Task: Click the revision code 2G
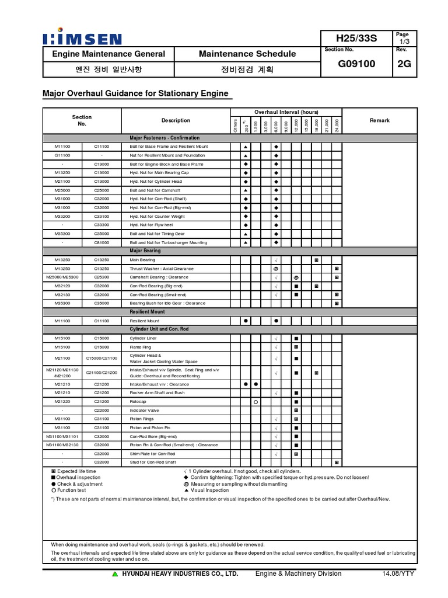(x=404, y=64)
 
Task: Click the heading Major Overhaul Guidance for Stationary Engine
(x=136, y=93)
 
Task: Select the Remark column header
(x=379, y=120)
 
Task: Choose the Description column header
(x=176, y=120)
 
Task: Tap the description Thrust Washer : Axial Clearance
(x=162, y=269)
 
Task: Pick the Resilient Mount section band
(x=144, y=312)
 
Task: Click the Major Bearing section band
(x=145, y=251)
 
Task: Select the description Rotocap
(x=138, y=402)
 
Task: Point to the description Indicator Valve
(x=145, y=411)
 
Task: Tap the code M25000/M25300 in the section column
(x=62, y=277)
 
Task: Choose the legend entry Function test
(x=72, y=490)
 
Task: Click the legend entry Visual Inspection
(x=209, y=490)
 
